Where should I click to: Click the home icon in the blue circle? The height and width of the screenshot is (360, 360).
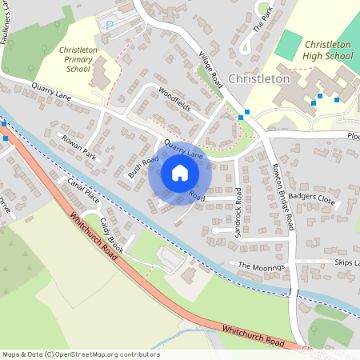pyautogui.click(x=179, y=173)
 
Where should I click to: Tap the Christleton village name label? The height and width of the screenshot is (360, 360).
pyautogui.click(x=258, y=79)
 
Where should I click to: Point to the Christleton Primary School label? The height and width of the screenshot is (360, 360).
pyautogui.click(x=79, y=59)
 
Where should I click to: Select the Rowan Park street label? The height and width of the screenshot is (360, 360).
pyautogui.click(x=78, y=147)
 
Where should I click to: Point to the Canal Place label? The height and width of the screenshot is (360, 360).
pyautogui.click(x=82, y=191)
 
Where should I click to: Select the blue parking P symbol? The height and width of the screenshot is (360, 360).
pyautogui.click(x=110, y=26)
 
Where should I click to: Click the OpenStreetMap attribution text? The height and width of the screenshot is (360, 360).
pyautogui.click(x=81, y=354)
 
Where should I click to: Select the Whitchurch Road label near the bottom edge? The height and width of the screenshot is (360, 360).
pyautogui.click(x=254, y=334)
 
